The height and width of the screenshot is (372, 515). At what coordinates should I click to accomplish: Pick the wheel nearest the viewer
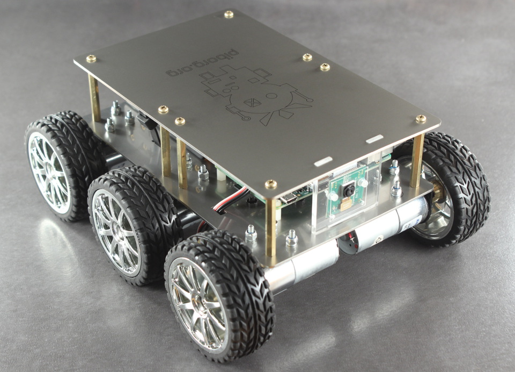tap(219, 296)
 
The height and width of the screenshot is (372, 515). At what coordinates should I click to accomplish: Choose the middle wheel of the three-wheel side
tap(133, 225)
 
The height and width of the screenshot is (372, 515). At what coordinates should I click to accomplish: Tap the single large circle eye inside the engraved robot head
tap(271, 96)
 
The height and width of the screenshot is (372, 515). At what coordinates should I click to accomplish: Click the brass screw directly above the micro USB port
tap(270, 184)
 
